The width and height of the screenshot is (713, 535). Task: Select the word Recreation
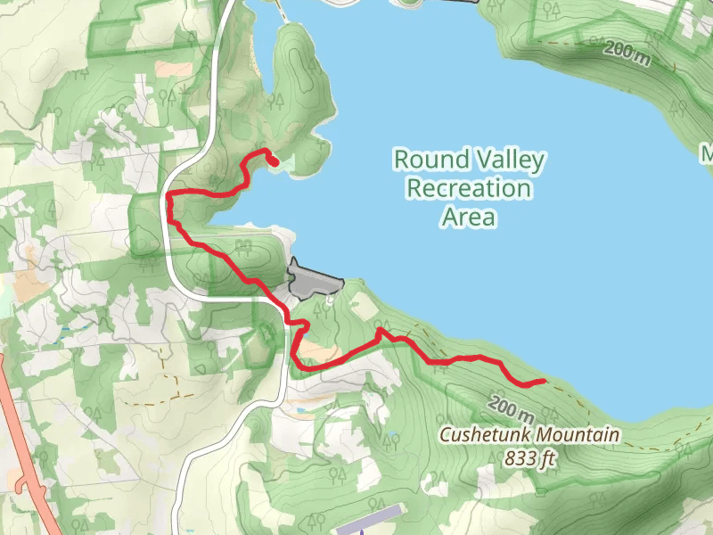tap(468, 189)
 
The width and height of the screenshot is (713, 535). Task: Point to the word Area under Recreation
tap(468, 217)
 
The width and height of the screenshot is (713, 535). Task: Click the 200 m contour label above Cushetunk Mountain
tap(512, 409)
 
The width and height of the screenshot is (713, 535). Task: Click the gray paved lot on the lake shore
tap(312, 282)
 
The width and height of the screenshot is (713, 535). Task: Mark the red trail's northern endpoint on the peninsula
tap(275, 161)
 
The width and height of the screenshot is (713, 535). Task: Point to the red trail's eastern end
tap(544, 382)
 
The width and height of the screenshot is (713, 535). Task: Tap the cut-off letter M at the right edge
tap(707, 154)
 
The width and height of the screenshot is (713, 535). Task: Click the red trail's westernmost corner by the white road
tap(168, 194)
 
